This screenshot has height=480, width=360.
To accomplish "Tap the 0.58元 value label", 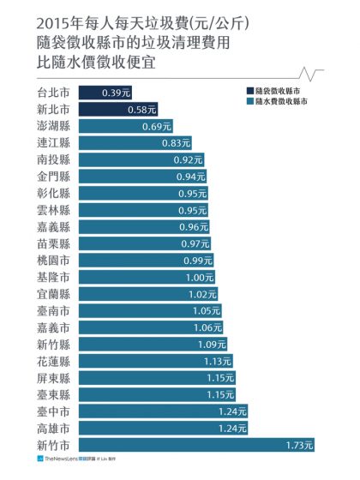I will tap(141, 110).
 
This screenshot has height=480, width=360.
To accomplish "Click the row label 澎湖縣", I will tap(54, 126).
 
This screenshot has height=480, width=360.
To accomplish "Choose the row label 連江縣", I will tap(54, 143).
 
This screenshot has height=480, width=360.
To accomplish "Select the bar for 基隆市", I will tap(147, 277).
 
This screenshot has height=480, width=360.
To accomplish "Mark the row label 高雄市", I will tap(54, 427).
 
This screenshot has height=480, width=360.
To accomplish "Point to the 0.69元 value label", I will tap(157, 126).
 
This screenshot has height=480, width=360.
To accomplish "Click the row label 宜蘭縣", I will tap(54, 293).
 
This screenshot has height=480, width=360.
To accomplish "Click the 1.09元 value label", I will tap(212, 344).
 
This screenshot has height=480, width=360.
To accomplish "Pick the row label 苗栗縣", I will tap(54, 243).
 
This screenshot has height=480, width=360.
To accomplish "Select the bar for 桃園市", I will tap(147, 260).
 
